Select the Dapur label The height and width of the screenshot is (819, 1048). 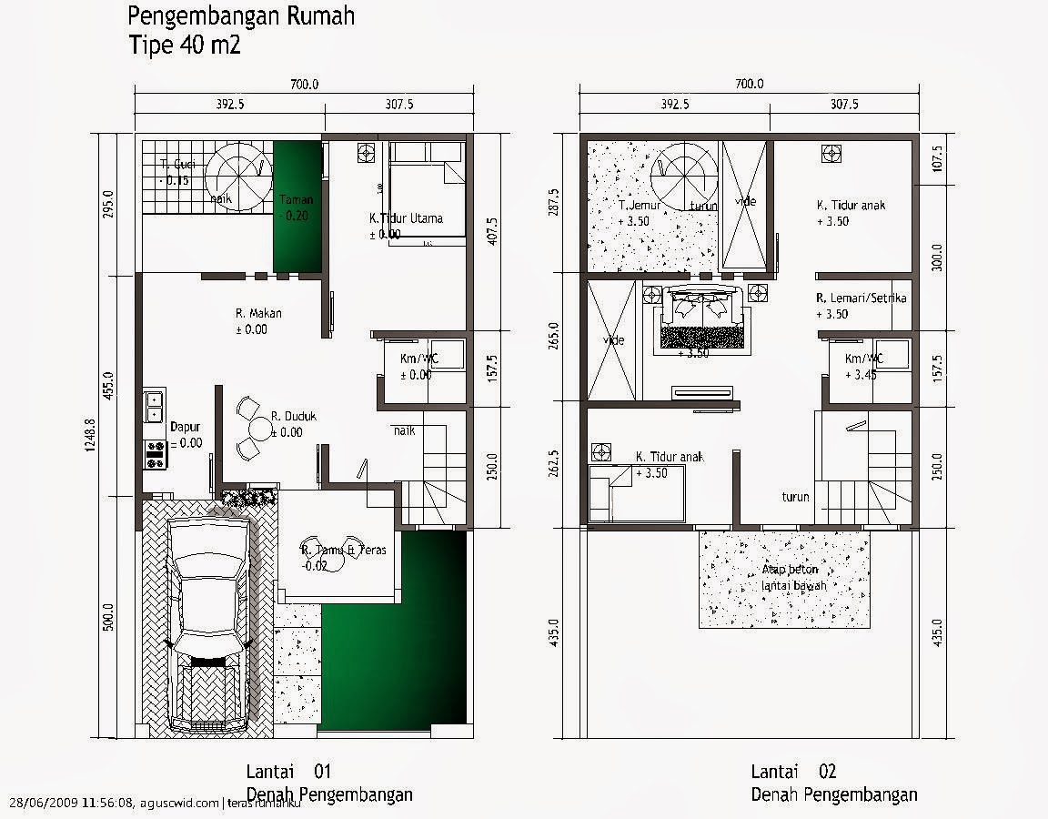pos(185,426)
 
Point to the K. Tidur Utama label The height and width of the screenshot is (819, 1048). pos(406,218)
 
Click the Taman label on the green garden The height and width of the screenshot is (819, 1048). pos(297,200)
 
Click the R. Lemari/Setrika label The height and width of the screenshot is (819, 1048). pos(862,298)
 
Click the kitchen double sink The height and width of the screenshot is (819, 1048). pos(154,405)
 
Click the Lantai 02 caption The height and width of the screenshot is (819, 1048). pos(793,772)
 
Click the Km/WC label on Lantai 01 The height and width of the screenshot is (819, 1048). pos(419,359)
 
